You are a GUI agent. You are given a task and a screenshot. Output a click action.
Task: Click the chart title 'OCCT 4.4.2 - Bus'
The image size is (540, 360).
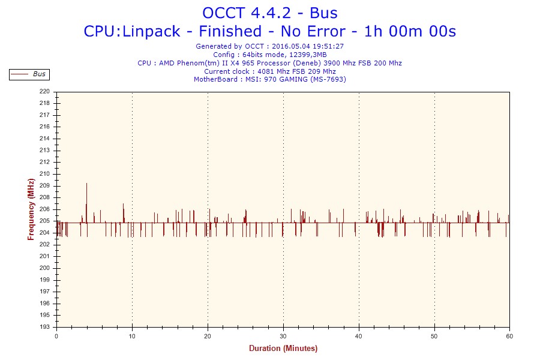click(269, 13)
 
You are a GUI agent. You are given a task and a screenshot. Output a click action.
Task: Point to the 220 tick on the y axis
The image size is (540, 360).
click(45, 92)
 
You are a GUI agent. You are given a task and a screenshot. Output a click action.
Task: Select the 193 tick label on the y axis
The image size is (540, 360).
click(45, 327)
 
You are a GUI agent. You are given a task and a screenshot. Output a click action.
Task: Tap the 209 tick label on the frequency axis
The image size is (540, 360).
click(45, 186)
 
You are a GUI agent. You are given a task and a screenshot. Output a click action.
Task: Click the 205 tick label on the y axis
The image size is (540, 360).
click(45, 221)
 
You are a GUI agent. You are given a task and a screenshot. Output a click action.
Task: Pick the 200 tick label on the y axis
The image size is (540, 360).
click(45, 268)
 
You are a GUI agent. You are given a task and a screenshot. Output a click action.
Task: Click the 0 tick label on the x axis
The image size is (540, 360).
click(56, 336)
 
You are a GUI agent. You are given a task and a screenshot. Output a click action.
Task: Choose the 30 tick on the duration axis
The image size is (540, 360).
click(283, 336)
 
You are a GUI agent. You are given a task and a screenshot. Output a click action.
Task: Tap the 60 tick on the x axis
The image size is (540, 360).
click(509, 336)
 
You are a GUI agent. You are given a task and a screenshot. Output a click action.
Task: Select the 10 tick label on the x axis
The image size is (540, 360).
click(132, 336)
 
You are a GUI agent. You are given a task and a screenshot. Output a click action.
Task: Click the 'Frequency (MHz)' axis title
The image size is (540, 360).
click(31, 209)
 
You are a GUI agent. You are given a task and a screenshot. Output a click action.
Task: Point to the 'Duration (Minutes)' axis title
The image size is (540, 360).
click(283, 349)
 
